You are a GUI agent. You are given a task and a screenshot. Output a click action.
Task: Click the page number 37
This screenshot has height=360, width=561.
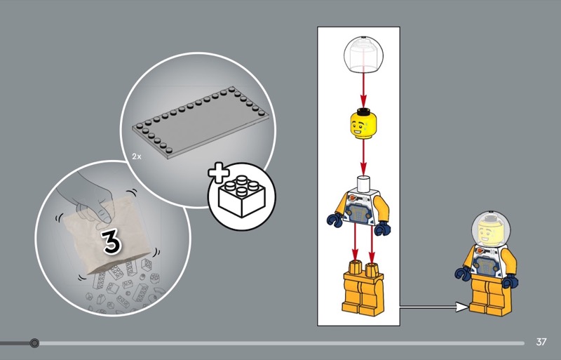541,342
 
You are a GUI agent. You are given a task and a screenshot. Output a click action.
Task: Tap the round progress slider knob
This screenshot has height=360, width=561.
34,343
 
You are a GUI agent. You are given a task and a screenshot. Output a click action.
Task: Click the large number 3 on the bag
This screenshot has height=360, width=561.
111,243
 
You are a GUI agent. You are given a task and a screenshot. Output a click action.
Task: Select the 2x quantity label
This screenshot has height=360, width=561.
137,156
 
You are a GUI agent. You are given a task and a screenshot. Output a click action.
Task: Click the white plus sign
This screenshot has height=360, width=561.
218,173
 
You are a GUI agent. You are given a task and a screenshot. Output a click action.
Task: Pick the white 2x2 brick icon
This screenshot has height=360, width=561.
241,196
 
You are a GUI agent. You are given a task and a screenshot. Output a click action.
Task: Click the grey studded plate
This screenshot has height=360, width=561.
201,122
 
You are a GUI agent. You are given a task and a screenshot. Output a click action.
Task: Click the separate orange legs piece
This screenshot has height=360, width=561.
363,288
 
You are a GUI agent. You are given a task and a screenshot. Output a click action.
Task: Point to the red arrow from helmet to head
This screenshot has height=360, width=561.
363,90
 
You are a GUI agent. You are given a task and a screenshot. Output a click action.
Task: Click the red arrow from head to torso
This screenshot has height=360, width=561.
363,158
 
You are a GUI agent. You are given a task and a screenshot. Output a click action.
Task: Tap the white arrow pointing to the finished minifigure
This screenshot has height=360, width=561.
434,307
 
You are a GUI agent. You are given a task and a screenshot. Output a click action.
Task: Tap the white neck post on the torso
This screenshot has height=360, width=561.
363,182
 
